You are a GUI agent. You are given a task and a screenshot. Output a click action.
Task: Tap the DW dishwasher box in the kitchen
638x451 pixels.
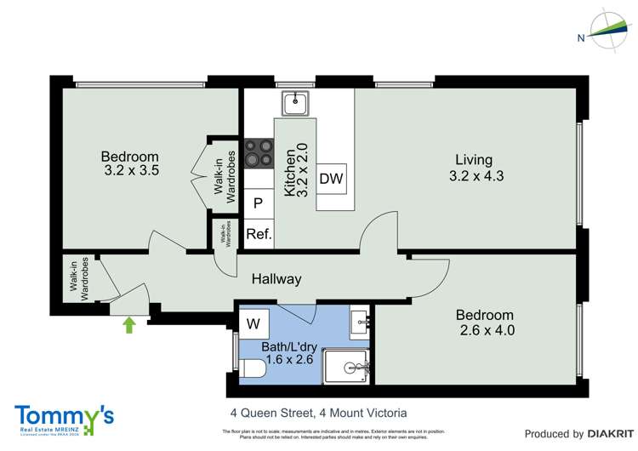(x=332, y=180)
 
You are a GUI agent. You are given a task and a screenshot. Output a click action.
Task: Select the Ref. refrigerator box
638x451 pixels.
(x=259, y=234)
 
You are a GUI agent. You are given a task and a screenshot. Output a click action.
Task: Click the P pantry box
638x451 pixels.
(x=259, y=204)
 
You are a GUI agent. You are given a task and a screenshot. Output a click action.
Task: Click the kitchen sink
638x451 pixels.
(x=295, y=103)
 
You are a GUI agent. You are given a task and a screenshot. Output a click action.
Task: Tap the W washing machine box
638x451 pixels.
(x=253, y=324)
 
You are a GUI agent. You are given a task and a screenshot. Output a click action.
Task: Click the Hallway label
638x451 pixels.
(x=276, y=279)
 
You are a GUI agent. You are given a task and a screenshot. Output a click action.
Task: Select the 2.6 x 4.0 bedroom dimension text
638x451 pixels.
(x=487, y=330)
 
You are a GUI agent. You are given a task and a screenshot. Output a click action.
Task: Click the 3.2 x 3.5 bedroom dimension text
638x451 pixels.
(x=130, y=170)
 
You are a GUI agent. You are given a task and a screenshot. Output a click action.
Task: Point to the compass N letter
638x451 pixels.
(x=581, y=37)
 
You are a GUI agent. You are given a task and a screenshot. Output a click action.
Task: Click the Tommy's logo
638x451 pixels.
(x=64, y=418)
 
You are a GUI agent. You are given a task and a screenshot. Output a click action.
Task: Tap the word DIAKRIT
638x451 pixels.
(x=607, y=433)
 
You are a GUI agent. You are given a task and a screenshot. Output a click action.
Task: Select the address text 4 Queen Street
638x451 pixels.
(x=272, y=413)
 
